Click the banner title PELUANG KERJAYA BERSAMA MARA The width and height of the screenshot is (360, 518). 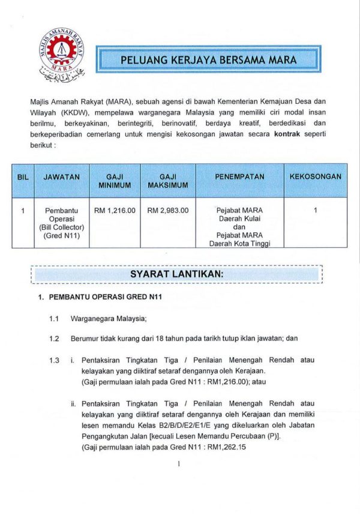tap(209, 61)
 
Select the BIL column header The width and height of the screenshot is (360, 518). tap(22, 177)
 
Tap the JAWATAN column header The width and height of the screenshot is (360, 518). tap(61, 177)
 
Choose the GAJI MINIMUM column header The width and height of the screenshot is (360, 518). tap(115, 181)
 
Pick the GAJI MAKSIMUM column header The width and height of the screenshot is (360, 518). tap(167, 181)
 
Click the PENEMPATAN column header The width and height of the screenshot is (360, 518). tap(239, 177)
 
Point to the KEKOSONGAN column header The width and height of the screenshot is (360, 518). tap(315, 177)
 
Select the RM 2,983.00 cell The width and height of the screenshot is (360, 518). tap(167, 211)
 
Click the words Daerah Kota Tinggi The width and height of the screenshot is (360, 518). tap(239, 244)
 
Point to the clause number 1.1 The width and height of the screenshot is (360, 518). tap(54, 319)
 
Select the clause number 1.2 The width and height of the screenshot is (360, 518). tap(54, 339)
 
